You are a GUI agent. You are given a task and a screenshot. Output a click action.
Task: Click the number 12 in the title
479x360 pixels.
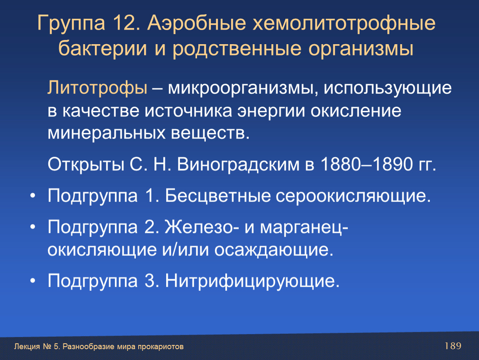124,22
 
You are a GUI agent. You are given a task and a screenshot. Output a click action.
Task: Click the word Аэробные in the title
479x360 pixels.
197,22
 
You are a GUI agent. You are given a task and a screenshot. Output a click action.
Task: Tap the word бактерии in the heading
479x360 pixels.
102,48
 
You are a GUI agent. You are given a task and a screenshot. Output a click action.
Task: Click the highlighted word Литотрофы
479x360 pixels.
97,88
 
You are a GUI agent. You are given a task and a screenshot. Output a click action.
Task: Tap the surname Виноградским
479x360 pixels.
238,165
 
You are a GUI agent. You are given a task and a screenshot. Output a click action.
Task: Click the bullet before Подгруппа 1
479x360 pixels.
32,196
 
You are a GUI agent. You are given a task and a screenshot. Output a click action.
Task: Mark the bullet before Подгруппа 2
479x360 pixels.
32,227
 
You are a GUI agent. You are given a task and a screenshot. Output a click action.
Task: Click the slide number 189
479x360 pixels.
453,346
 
